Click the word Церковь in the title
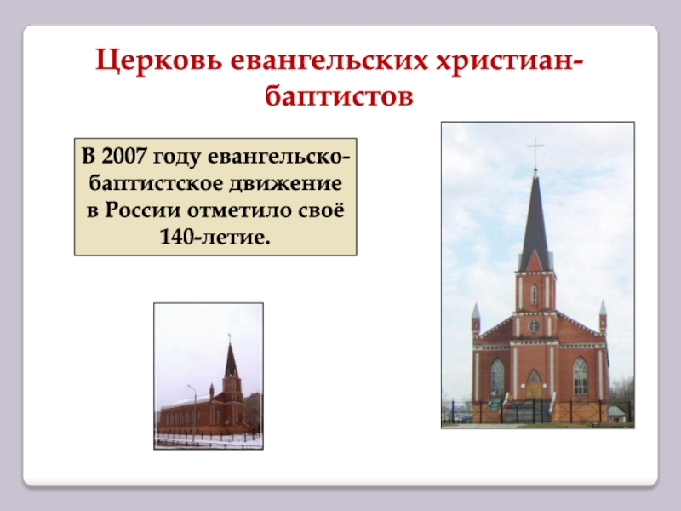click(159, 60)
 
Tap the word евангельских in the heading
click(329, 61)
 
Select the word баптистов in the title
click(339, 96)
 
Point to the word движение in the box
click(285, 184)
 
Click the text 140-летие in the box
click(215, 238)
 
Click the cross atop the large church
click(535, 152)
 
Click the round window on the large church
click(534, 326)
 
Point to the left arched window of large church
click(497, 376)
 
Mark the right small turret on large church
click(603, 316)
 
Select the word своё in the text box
click(322, 210)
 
